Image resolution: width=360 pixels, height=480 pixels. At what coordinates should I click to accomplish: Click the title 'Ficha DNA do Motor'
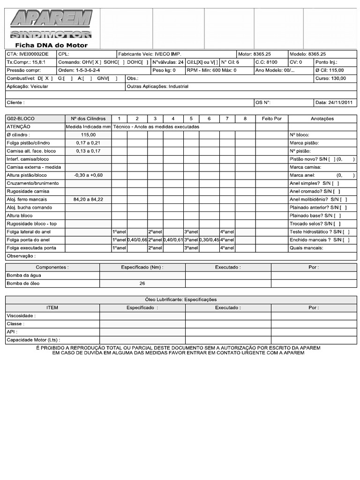(x=51, y=45)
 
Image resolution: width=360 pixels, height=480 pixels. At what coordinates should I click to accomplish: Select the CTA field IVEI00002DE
(x=28, y=54)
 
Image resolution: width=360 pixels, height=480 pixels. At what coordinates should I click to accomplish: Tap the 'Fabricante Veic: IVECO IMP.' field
(x=150, y=54)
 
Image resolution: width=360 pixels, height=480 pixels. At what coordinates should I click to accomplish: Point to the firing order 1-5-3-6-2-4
(x=79, y=70)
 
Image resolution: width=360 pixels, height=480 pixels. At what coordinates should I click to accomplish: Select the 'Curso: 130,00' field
(x=330, y=78)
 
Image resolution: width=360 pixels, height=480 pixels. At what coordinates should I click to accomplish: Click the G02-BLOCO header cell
(x=21, y=119)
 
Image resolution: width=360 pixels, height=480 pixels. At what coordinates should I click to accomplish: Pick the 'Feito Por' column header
(x=271, y=119)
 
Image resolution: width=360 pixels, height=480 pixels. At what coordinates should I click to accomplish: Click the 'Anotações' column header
(x=322, y=119)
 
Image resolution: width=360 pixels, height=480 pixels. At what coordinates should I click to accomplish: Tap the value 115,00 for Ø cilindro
(x=88, y=135)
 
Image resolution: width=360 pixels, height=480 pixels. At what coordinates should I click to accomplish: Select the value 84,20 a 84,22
(x=88, y=199)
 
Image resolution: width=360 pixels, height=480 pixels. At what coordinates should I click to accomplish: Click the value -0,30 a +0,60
(x=88, y=175)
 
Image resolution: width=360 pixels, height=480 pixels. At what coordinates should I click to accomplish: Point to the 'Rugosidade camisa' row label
(x=28, y=191)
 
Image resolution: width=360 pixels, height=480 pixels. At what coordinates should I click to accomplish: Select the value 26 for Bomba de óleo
(x=142, y=284)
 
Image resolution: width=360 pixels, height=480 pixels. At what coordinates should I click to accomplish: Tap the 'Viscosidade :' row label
(x=21, y=316)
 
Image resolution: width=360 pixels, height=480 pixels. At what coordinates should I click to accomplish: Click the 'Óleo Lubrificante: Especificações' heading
(x=181, y=300)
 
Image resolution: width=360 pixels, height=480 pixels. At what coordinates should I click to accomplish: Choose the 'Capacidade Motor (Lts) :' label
(x=33, y=340)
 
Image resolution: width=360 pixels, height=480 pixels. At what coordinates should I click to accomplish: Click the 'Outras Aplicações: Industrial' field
(x=157, y=87)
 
